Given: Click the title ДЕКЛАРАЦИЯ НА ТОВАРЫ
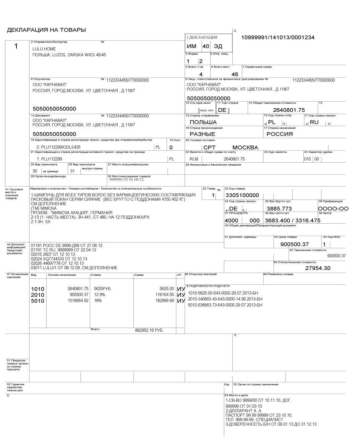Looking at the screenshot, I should point(46,30).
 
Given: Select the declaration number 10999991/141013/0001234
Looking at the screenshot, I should point(278,38).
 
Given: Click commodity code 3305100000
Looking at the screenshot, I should point(242,195).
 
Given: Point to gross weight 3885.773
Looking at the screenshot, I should point(279,209).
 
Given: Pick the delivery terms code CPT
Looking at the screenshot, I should point(209,148).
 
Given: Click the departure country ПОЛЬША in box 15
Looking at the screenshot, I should point(203,122).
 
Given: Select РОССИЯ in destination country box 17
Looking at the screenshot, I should point(280,134).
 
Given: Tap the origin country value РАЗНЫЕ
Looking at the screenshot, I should point(202,134).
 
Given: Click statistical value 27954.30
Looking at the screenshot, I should point(318,268).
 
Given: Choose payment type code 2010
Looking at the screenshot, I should point(38,295).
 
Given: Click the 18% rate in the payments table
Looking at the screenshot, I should point(98,300).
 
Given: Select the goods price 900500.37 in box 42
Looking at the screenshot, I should point(294,244).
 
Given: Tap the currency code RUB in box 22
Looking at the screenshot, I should point(194,159).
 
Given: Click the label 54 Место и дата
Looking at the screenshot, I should point(236,395).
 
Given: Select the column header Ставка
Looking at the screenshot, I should point(95,275).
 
